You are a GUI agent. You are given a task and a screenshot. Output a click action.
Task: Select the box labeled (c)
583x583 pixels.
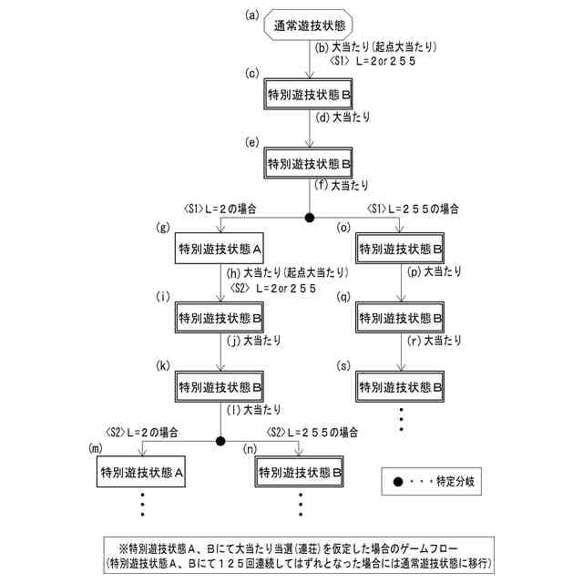(311, 94)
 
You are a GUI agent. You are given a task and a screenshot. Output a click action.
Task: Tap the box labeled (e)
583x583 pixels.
(311, 163)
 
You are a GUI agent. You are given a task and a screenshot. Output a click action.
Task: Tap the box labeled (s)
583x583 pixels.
(402, 387)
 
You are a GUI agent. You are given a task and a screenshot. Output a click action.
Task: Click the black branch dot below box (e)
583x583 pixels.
(310, 217)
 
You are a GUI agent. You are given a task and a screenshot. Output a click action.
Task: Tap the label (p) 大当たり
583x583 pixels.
(436, 272)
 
